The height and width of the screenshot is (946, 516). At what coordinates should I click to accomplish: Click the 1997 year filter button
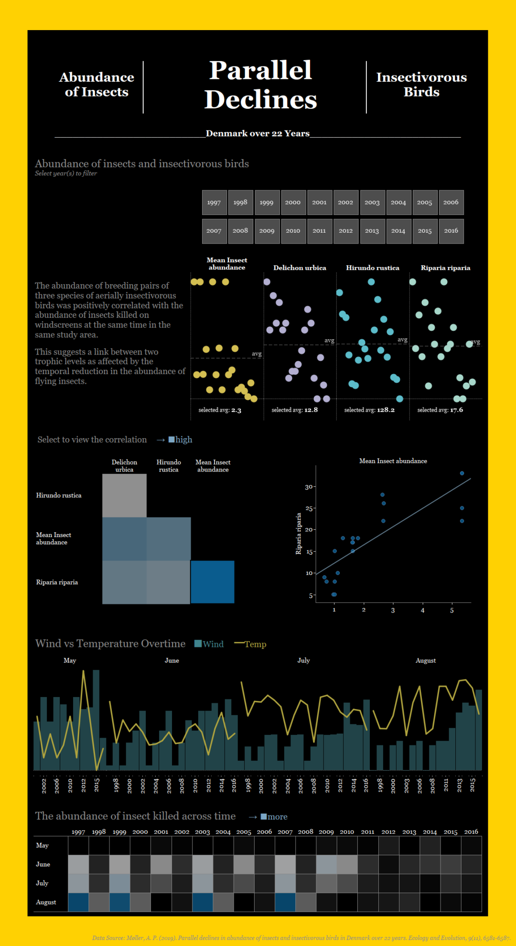(x=214, y=203)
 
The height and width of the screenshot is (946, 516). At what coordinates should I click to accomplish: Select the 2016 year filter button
(x=451, y=231)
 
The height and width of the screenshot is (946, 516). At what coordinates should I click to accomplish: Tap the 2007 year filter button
(x=214, y=231)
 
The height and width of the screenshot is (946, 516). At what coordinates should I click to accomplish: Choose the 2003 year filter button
(x=372, y=203)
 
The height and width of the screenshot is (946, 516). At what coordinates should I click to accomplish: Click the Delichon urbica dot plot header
(x=300, y=268)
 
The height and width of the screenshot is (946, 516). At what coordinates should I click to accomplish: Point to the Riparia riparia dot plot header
(x=445, y=268)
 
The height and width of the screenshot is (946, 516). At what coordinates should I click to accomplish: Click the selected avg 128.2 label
(x=369, y=410)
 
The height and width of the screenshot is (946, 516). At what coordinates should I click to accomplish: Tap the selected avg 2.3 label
(x=220, y=410)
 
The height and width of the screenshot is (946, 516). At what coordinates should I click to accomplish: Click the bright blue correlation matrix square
(x=213, y=582)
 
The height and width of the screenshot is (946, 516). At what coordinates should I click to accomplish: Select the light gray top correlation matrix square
(x=124, y=495)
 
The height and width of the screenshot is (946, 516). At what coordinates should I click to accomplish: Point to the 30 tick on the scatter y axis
(x=309, y=487)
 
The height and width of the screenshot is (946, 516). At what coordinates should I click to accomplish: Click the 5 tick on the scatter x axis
(x=452, y=610)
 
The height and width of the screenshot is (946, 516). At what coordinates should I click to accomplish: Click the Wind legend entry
(x=209, y=644)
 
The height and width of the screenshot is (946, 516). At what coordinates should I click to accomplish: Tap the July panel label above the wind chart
(x=304, y=660)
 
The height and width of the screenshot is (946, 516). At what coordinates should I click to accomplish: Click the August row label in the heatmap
(x=46, y=902)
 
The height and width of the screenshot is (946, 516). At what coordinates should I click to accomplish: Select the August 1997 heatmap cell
(x=78, y=902)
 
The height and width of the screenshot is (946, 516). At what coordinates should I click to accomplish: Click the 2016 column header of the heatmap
(x=471, y=832)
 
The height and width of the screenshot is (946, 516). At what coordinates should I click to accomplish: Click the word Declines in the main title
(x=261, y=99)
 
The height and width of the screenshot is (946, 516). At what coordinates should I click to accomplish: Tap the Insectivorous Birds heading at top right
(x=421, y=85)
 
